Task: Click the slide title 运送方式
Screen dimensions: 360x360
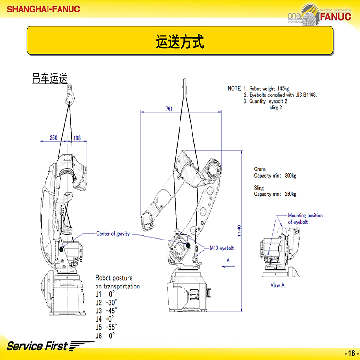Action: coord(180,42)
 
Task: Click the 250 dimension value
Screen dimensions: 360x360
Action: coord(53,138)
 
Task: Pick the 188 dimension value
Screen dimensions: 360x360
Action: coord(77,138)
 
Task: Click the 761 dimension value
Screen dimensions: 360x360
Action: coord(168,109)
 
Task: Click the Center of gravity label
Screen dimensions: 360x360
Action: coord(113,234)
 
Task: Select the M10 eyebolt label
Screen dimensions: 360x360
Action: coord(221,248)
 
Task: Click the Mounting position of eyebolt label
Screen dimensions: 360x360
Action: coord(305,219)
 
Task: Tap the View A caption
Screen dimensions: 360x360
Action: coord(277,285)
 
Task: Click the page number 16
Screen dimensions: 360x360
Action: coord(350,351)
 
